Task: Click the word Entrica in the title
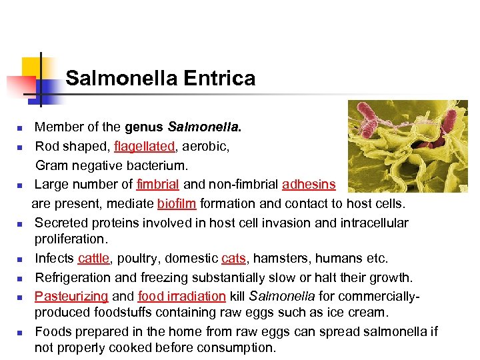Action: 219,79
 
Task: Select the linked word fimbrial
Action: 158,184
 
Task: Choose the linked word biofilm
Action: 177,203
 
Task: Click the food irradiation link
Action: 182,295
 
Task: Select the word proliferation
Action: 71,239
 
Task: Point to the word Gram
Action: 51,165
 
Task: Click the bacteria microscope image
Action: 407,146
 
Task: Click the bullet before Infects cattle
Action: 21,259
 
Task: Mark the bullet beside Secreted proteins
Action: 21,223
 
